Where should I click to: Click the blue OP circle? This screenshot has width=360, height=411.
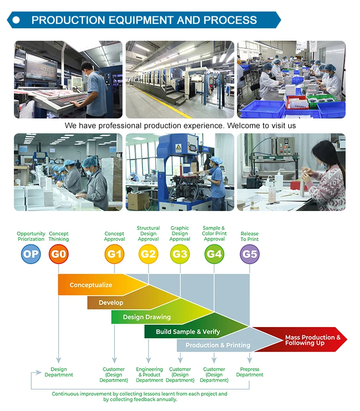point(31,254)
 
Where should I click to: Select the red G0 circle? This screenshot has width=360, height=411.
point(59,254)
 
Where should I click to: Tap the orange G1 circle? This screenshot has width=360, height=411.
point(114,254)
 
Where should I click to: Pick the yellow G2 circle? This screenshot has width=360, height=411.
point(148,254)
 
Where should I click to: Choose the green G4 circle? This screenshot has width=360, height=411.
point(214,254)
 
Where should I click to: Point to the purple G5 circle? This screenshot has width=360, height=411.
point(250,254)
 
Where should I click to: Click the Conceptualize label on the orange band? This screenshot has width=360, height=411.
point(91,285)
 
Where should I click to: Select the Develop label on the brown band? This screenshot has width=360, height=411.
point(111,303)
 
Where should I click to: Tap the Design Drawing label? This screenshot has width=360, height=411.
point(147,317)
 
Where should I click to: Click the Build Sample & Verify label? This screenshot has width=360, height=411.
point(188,332)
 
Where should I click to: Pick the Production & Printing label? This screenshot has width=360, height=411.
point(218,345)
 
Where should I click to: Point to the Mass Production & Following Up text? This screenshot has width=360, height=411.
point(313,340)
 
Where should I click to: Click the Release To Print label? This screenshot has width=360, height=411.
point(250,236)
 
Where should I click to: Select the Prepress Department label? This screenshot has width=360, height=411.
point(250,372)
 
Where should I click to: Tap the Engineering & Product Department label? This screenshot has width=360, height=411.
point(149,375)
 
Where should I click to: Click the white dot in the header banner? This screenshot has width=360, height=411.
point(16,20)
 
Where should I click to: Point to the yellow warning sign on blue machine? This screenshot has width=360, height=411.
point(179,148)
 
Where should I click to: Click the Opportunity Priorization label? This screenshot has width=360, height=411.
point(31,236)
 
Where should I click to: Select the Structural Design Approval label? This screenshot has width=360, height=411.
point(148,234)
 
